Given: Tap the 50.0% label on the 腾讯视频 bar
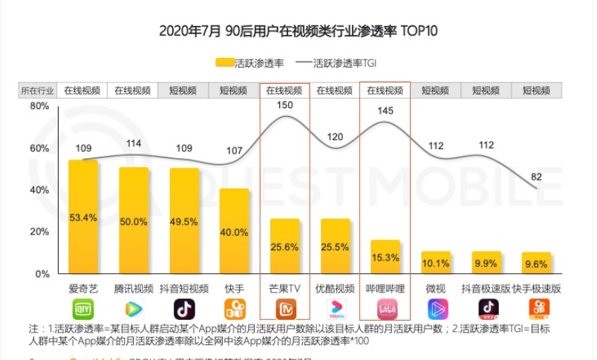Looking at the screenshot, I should (x=134, y=222).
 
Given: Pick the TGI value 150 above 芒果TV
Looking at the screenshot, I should (x=284, y=105).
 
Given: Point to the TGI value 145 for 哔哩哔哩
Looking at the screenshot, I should (x=385, y=111).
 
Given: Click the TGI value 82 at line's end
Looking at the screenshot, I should (x=536, y=177).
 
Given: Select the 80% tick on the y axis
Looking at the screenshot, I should (x=39, y=106).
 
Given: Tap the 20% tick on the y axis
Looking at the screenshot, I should (x=39, y=232).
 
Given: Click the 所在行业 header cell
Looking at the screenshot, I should (x=37, y=91).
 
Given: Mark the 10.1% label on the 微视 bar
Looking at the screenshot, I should (x=435, y=264).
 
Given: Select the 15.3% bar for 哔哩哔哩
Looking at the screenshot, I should (x=385, y=257).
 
